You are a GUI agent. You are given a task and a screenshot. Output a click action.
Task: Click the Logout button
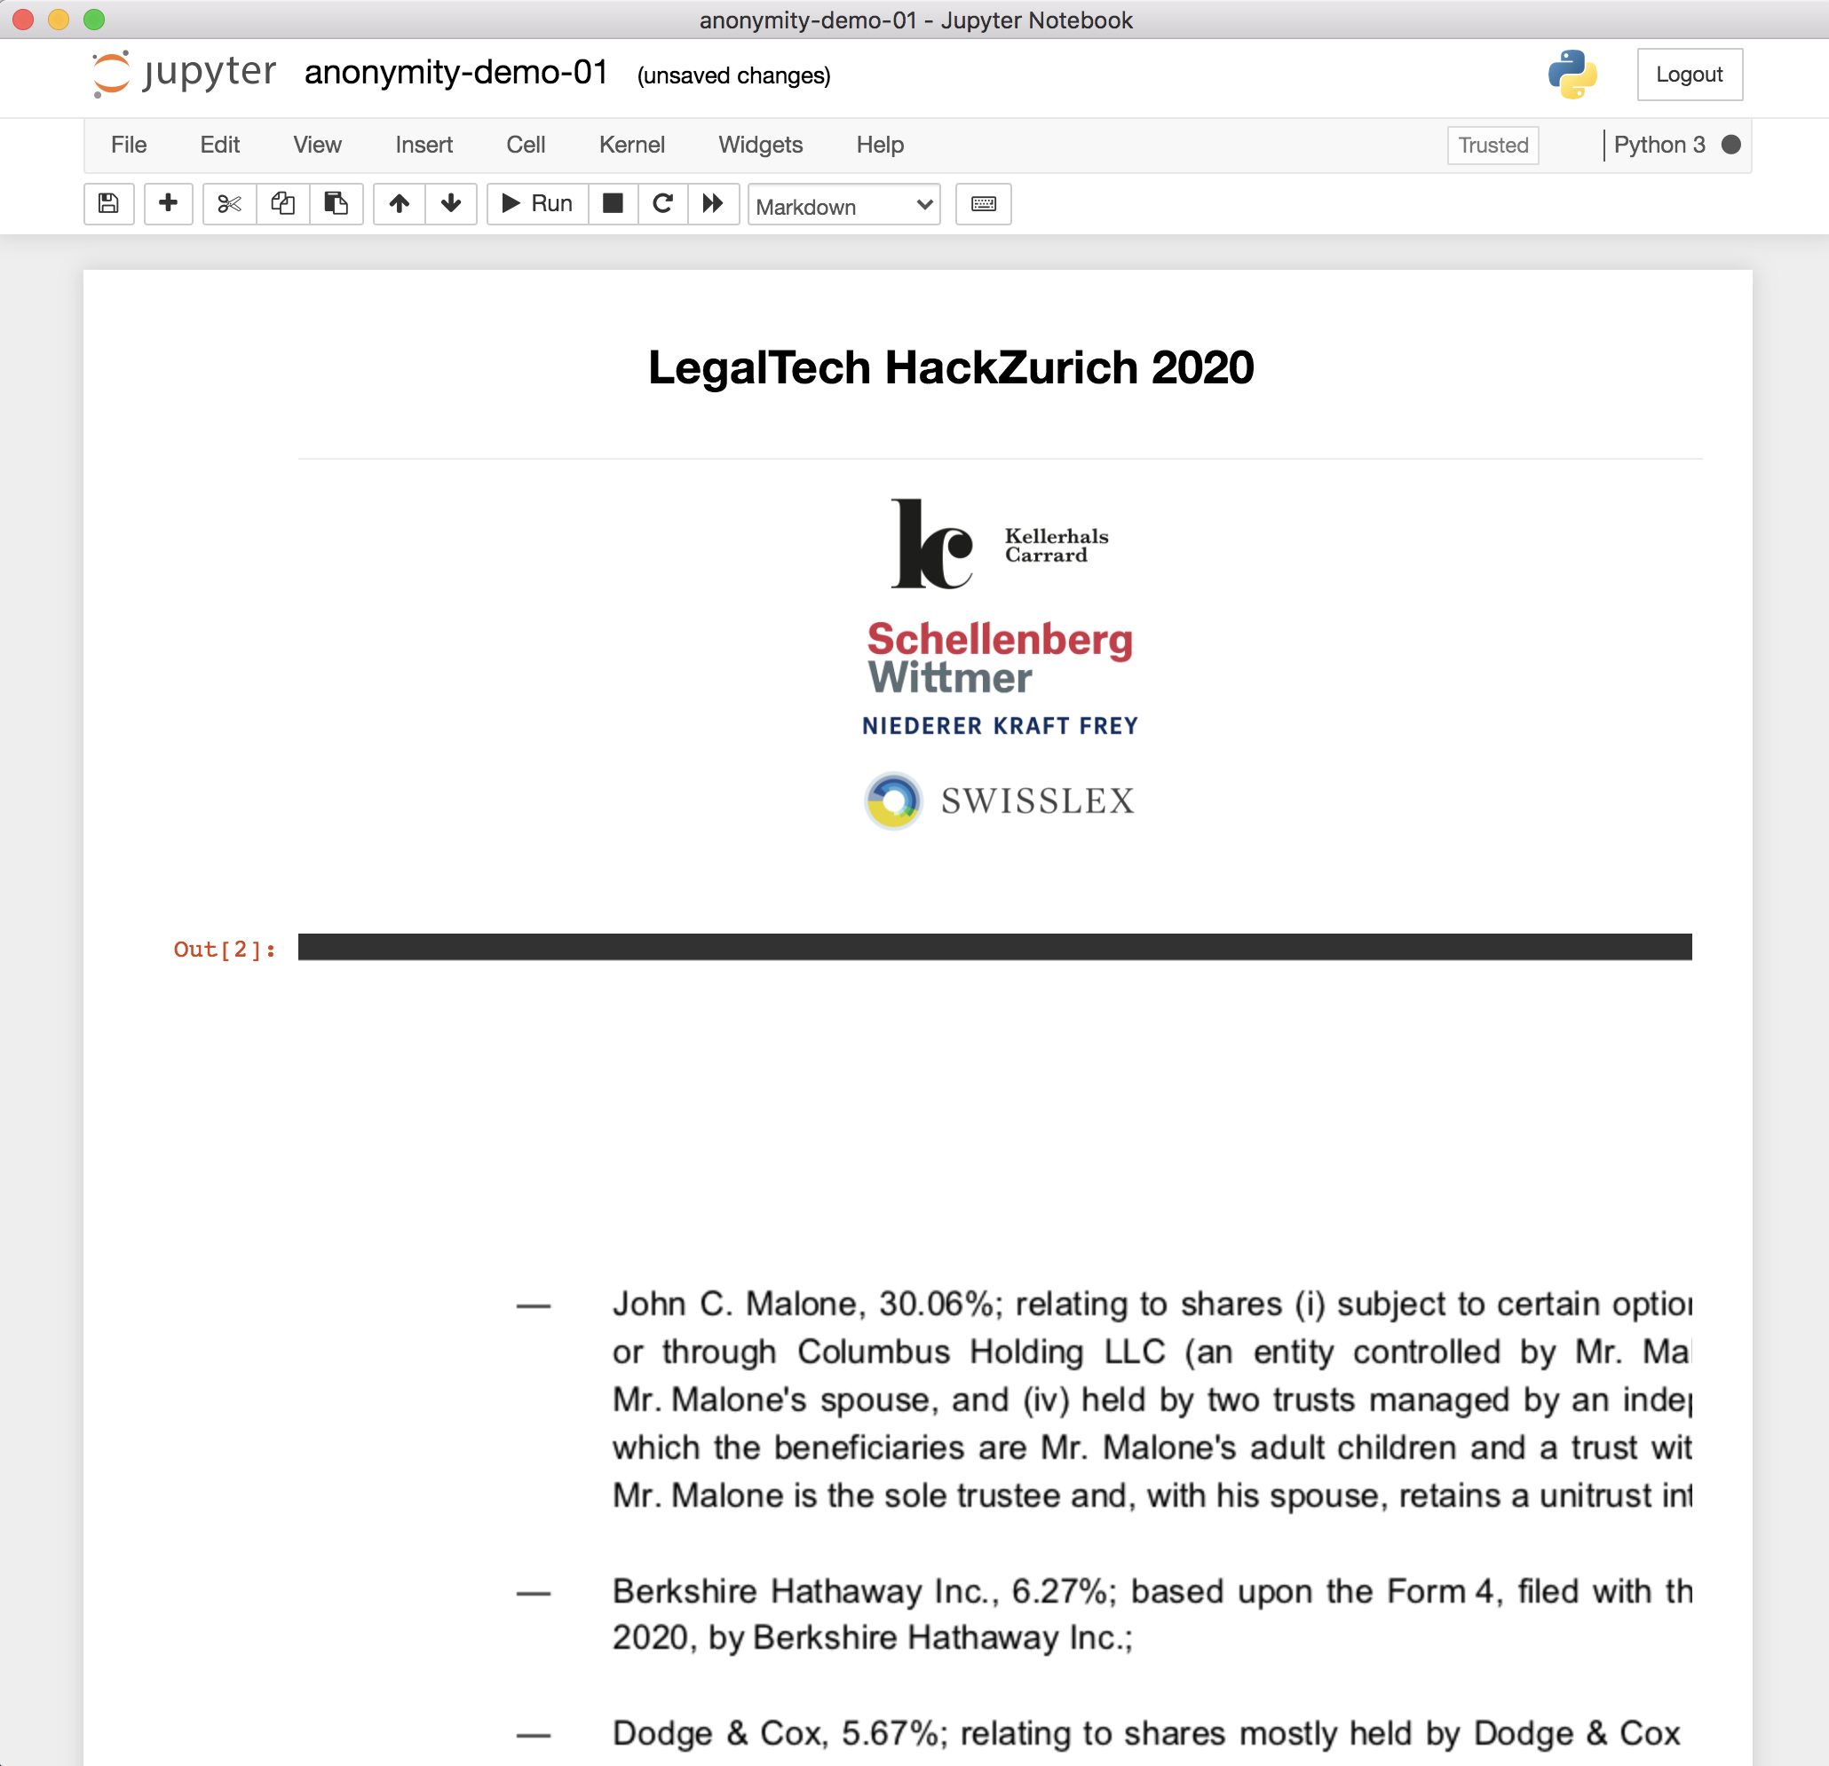click(1689, 75)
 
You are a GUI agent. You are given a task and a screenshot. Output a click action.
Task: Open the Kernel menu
click(632, 145)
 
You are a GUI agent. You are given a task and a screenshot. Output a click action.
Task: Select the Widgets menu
click(761, 145)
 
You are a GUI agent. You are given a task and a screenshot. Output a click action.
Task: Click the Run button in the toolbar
click(537, 203)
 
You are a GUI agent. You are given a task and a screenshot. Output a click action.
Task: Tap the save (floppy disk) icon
click(109, 203)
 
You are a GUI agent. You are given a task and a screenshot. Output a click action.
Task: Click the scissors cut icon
click(229, 203)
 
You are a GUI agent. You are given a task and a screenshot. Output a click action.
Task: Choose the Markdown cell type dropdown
click(843, 205)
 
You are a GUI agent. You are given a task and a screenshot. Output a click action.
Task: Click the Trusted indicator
click(1492, 146)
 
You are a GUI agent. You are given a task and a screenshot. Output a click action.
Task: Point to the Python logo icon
click(1572, 75)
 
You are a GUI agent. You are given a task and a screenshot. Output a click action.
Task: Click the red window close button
click(23, 20)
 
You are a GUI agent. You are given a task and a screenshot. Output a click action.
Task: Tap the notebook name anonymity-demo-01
click(456, 73)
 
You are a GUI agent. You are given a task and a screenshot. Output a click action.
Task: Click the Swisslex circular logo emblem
click(893, 800)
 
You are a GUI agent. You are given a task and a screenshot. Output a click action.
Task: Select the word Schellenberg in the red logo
click(1000, 640)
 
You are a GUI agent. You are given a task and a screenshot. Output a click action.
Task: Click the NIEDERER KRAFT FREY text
click(1000, 726)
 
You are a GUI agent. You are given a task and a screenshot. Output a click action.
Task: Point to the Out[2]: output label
click(225, 950)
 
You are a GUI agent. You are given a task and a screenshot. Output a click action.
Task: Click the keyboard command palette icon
click(984, 203)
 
